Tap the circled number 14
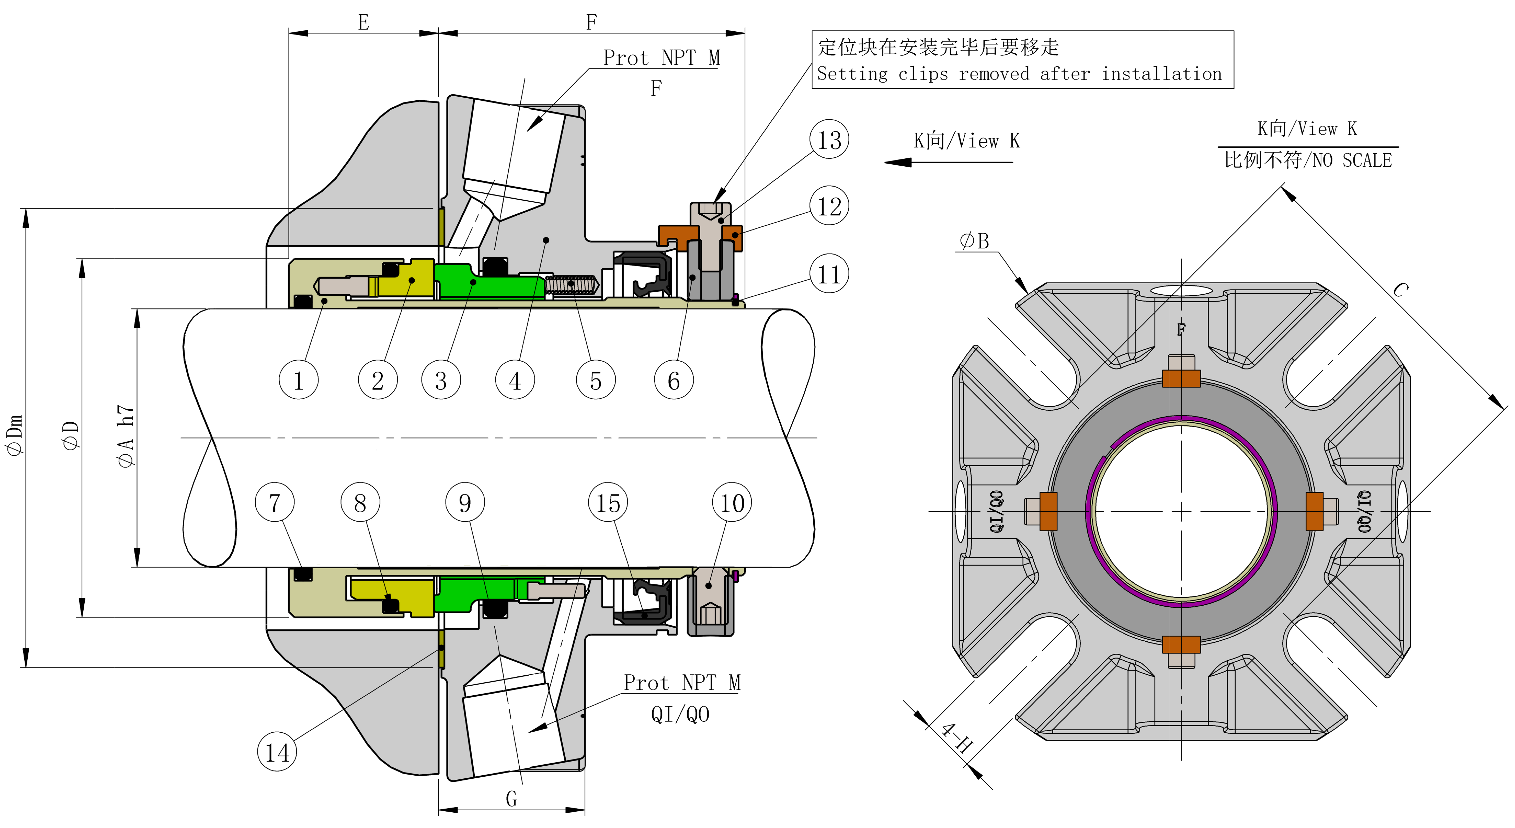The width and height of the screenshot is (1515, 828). pos(277,752)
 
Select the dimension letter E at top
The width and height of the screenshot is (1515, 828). pos(363,22)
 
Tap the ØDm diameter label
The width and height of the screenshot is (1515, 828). pos(14,435)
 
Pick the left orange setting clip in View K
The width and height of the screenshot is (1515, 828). pos(1049,511)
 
